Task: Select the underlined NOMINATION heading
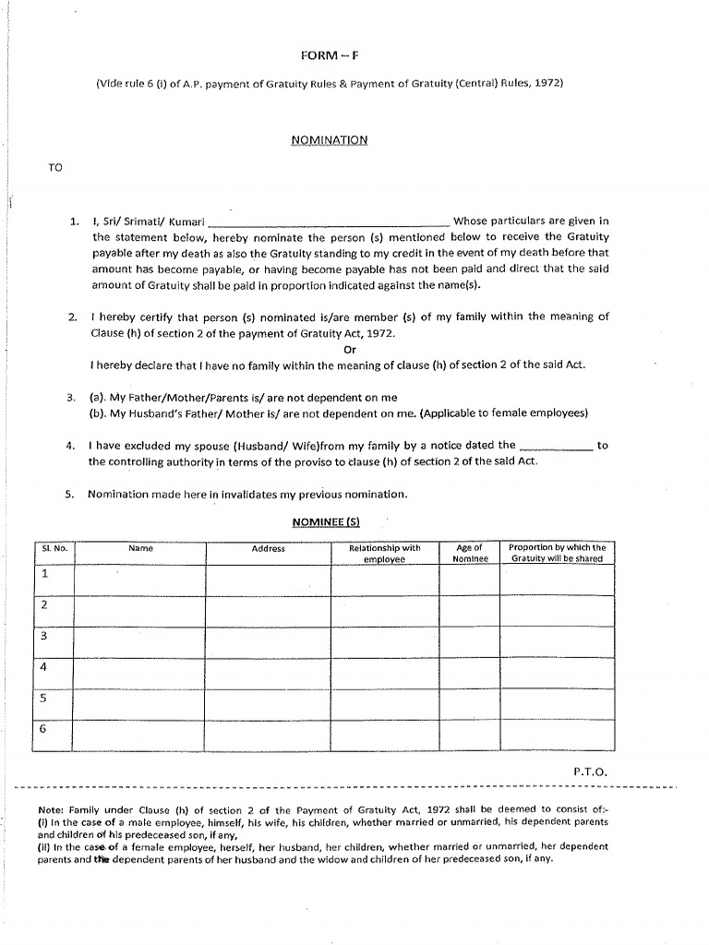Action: [330, 140]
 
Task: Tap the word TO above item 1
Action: [55, 167]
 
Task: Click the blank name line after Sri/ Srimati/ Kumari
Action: [330, 222]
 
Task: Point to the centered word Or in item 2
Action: [349, 350]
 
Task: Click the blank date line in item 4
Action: [557, 446]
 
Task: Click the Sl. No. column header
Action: [54, 548]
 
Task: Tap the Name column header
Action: [140, 548]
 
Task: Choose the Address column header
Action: [269, 549]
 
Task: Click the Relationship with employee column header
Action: [384, 554]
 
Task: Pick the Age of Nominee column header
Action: [470, 554]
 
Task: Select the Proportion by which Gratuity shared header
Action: [557, 554]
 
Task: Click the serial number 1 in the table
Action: [43, 573]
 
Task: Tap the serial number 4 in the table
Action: [43, 666]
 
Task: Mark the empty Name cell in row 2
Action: [140, 611]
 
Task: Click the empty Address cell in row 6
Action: [269, 735]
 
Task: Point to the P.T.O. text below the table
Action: [591, 771]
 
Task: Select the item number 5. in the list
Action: [69, 495]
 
